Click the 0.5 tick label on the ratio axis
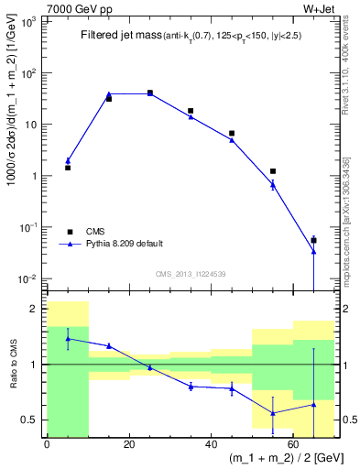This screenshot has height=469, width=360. pyautogui.click(x=33, y=420)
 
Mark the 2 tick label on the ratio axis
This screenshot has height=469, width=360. pyautogui.click(x=38, y=309)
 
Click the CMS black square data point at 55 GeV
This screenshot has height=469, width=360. pyautogui.click(x=273, y=171)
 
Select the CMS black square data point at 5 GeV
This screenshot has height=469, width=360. pyautogui.click(x=68, y=168)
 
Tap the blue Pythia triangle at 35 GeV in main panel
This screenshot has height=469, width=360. pyautogui.click(x=191, y=116)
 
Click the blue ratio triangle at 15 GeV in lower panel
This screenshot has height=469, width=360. pyautogui.click(x=109, y=345)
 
